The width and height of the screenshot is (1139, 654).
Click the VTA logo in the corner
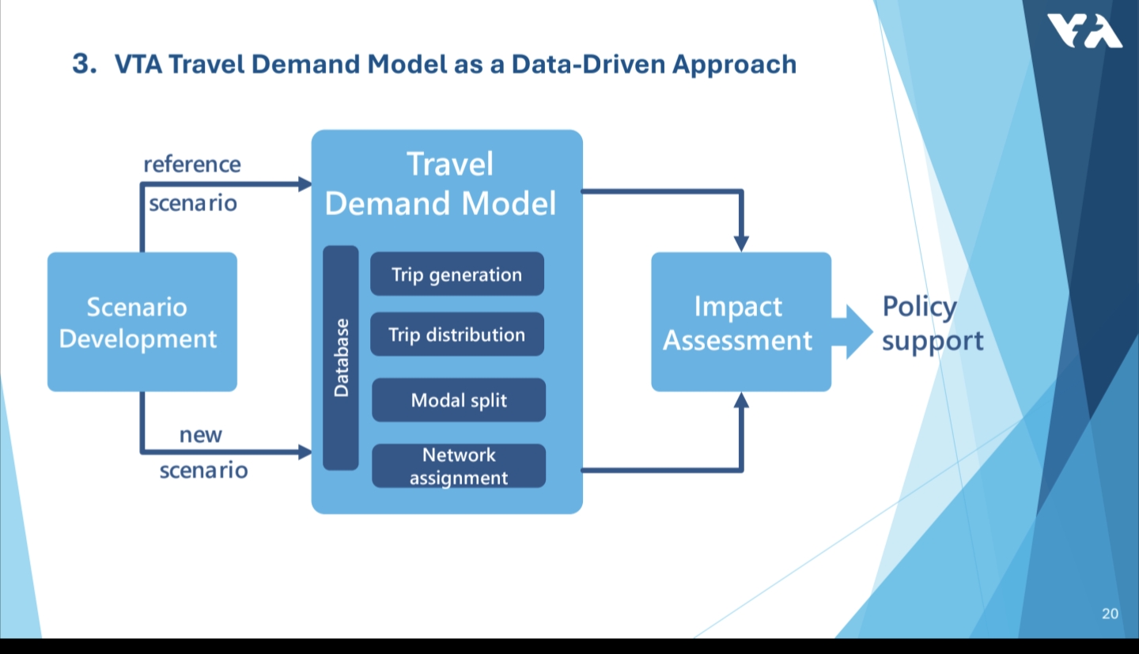point(1084,31)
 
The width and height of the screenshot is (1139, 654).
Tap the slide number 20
point(1110,614)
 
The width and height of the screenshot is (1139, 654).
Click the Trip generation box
point(456,274)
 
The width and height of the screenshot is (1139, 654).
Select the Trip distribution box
point(456,335)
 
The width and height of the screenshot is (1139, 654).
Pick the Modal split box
point(459,399)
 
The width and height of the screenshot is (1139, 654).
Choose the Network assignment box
point(459,466)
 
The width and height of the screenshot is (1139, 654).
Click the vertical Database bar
point(341,357)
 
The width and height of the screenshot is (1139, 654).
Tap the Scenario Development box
point(142,322)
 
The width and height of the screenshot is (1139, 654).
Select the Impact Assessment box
point(741,322)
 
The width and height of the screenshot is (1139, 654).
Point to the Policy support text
point(933,323)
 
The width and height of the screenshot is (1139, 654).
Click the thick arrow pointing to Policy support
point(852,331)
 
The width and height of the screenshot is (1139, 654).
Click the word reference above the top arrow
point(192,164)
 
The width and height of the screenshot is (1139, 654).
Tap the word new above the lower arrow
point(201,435)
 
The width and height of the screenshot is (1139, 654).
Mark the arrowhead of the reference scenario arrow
point(305,184)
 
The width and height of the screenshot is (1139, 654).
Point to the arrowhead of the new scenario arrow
point(305,452)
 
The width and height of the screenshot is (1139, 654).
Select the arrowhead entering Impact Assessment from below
point(741,399)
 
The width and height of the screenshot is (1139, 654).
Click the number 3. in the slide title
point(85,64)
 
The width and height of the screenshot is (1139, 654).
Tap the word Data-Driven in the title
point(588,65)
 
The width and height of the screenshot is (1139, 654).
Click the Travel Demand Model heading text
point(441,183)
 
